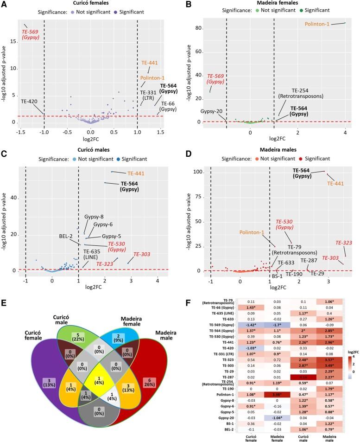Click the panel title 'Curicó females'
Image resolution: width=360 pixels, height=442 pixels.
click(x=91, y=4)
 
